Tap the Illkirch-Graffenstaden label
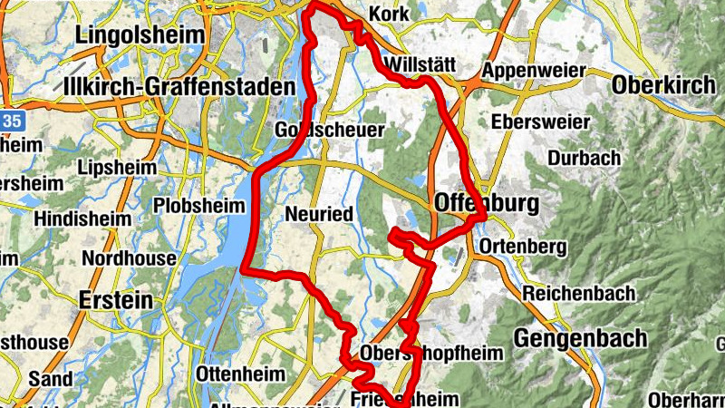180,87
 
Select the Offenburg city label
486,201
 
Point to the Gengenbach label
581,338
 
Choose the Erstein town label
116,299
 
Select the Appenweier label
535,71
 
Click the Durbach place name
585,158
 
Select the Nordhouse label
129,258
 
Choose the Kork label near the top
390,15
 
